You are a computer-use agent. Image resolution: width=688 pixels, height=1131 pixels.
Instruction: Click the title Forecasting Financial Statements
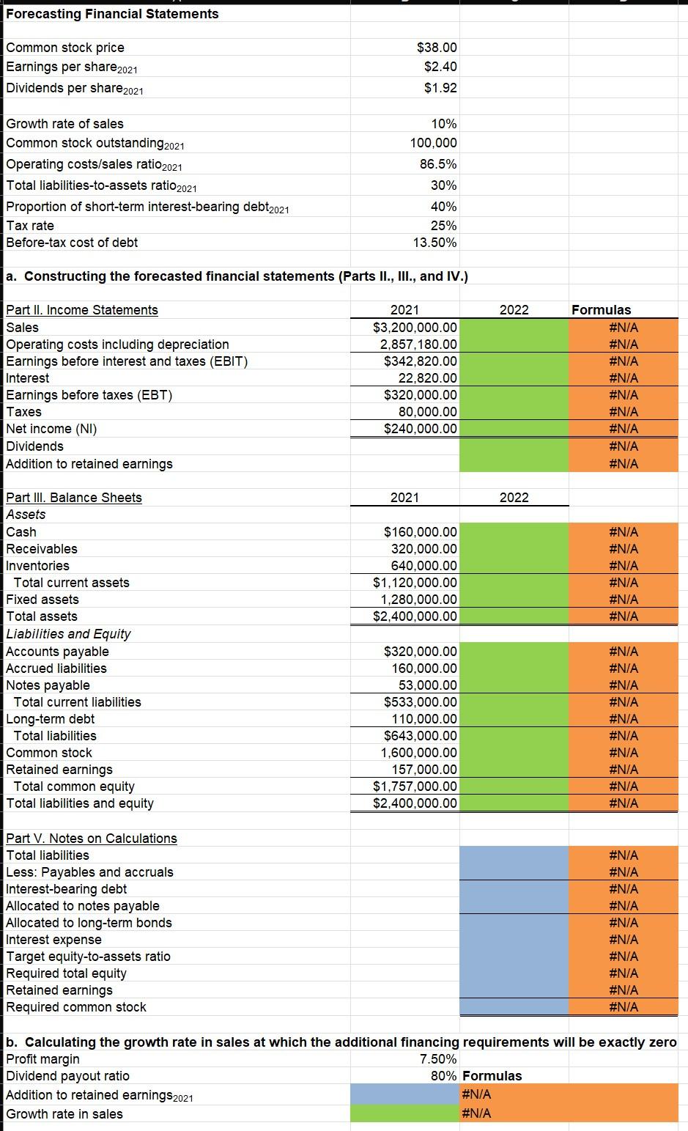tap(112, 14)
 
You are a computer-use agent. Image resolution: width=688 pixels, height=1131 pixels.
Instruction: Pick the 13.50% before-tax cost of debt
tap(434, 243)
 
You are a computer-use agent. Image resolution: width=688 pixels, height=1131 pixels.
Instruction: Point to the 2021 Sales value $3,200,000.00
tap(415, 328)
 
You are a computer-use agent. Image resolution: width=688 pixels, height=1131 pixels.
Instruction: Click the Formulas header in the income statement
tap(601, 310)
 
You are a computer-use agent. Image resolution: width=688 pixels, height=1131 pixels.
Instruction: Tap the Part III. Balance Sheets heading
tap(74, 498)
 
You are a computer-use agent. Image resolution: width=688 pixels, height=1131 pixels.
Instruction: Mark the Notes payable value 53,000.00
tap(428, 685)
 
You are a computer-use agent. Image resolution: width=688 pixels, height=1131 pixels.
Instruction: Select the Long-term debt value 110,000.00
tap(424, 719)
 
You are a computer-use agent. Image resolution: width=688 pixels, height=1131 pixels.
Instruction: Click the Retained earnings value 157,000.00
tap(424, 770)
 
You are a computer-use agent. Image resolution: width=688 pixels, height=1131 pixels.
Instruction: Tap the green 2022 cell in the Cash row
tap(514, 532)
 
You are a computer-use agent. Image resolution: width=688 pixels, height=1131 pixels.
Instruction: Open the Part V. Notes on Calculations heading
tap(92, 839)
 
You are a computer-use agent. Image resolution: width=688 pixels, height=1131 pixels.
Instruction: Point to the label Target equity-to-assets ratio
tap(88, 957)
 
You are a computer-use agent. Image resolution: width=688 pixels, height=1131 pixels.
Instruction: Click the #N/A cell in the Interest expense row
tap(623, 940)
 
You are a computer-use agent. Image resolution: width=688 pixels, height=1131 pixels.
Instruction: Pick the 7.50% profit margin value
tap(438, 1059)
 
